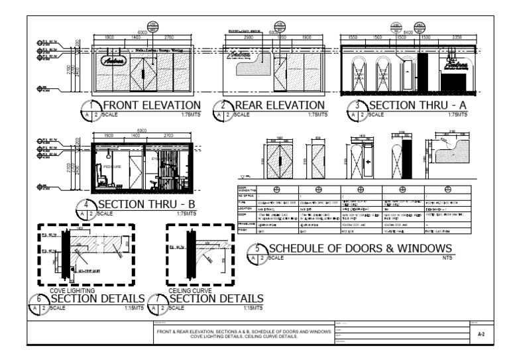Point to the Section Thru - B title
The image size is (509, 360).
[x=146, y=204]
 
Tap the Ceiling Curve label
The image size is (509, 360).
[x=191, y=290]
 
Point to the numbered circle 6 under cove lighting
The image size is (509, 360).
[x=39, y=300]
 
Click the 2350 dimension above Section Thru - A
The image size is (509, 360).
[x=457, y=38]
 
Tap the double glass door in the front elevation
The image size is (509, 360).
[x=141, y=71]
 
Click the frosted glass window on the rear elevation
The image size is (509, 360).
[x=249, y=66]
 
